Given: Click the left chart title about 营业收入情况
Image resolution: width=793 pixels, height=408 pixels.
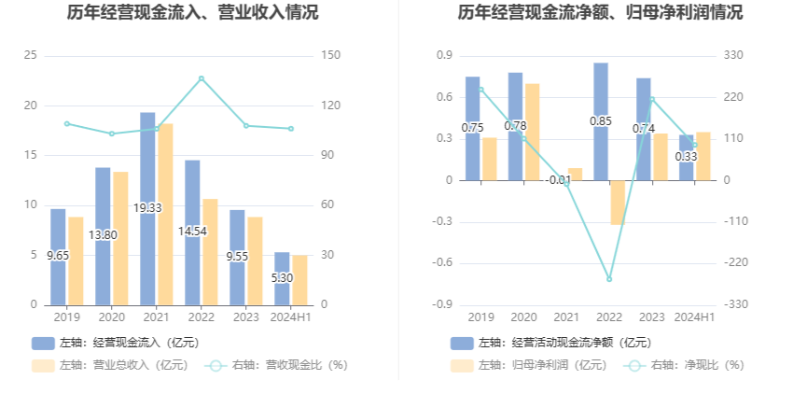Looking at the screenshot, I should click(x=193, y=13).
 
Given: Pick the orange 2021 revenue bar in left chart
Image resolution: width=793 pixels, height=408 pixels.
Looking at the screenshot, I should click(x=165, y=214).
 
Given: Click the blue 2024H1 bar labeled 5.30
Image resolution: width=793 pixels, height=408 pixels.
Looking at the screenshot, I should click(x=282, y=289).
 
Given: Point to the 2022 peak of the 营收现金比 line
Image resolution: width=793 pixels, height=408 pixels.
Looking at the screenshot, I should click(x=202, y=78).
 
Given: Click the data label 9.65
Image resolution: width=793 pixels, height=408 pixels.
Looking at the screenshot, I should click(x=58, y=255).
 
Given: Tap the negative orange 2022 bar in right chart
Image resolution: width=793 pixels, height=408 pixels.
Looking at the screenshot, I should click(x=618, y=202).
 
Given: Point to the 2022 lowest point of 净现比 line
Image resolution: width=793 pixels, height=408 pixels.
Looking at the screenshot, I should click(x=609, y=279).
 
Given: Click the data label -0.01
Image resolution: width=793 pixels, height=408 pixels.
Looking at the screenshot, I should click(x=558, y=180).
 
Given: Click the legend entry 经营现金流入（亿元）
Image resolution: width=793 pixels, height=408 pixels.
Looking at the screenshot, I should click(x=116, y=343).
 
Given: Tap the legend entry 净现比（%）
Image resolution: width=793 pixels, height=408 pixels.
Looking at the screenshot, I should click(x=685, y=365).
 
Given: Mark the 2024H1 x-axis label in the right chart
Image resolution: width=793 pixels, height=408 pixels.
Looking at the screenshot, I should click(x=695, y=317).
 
